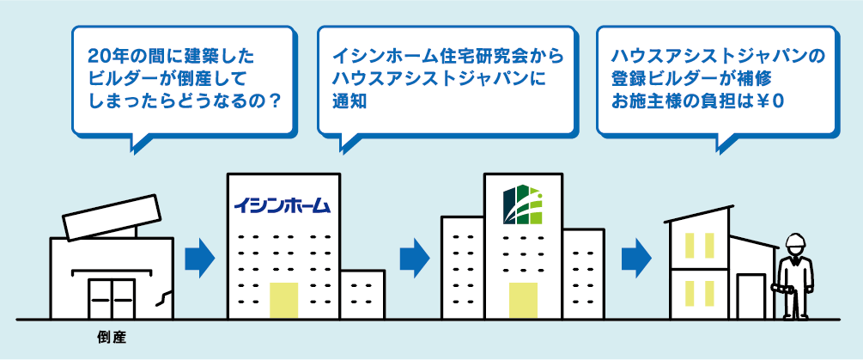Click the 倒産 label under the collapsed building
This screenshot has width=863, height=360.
tap(112, 338)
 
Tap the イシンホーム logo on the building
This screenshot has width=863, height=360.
tap(281, 206)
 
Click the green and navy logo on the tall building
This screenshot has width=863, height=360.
tap(523, 204)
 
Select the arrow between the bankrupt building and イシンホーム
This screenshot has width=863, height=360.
tap(199, 257)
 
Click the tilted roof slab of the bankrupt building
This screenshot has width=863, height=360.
tap(111, 217)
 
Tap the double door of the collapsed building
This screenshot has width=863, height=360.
tap(112, 297)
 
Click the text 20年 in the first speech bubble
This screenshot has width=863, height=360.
tap(105, 59)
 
